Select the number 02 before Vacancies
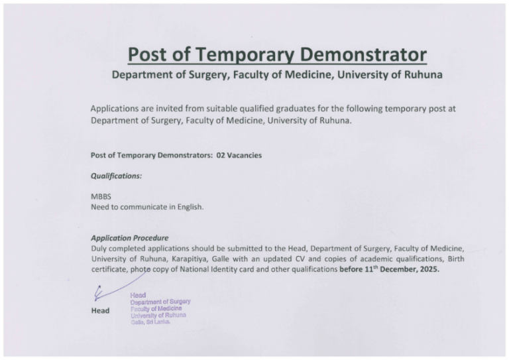click(222, 155)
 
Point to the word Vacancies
click(246, 155)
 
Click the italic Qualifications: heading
click(116, 176)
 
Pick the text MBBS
click(101, 197)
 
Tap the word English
click(188, 207)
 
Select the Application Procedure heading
click(129, 238)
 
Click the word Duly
click(100, 249)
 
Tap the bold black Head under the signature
click(100, 310)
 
